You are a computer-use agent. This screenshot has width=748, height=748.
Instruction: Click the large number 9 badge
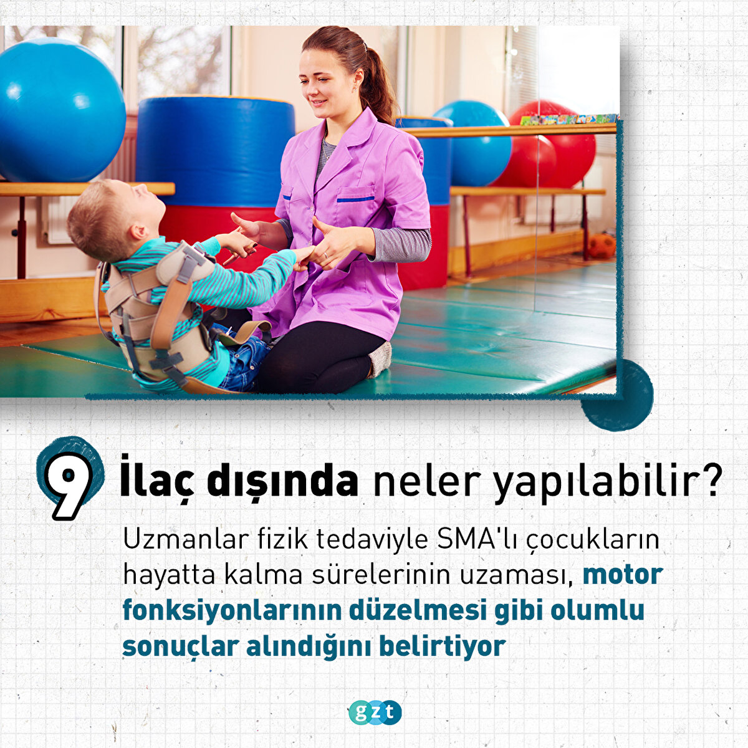click(x=69, y=480)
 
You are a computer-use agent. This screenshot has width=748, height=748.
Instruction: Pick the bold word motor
click(x=623, y=576)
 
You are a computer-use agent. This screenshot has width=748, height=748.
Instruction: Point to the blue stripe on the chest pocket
click(x=355, y=199)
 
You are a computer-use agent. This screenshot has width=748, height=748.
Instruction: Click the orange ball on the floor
click(x=602, y=246)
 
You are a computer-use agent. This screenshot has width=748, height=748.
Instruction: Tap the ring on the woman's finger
click(x=325, y=254)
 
